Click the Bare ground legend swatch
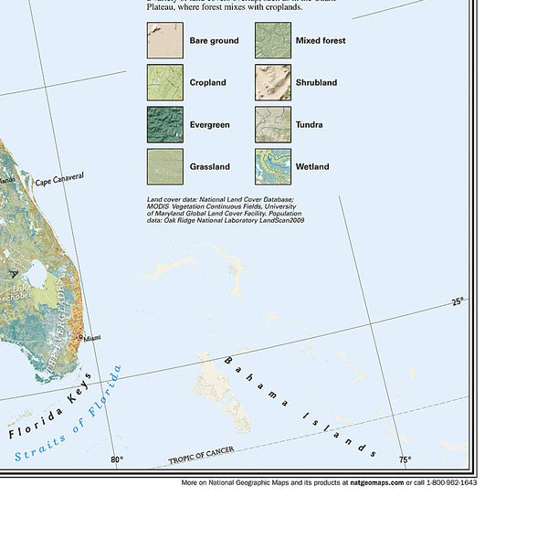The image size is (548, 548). [164, 41]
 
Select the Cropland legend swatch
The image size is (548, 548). [164, 83]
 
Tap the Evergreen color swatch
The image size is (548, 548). [164, 125]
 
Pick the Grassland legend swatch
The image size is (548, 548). [164, 167]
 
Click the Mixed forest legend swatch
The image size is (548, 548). [272, 41]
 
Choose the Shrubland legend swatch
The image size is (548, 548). [272, 83]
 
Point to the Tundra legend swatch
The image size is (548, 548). [272, 125]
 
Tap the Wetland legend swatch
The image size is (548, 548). [272, 167]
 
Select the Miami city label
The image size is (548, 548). [92, 339]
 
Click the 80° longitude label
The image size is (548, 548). [116, 460]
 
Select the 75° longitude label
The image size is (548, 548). [404, 460]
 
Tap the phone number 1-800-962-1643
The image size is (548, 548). [448, 481]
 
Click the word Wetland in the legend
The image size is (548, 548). [312, 167]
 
